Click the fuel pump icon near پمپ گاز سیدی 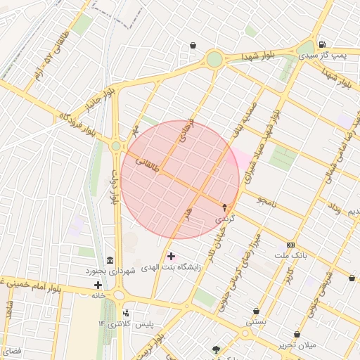coord(322,44)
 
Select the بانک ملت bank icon coord(290,245)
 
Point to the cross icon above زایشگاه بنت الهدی coord(172,255)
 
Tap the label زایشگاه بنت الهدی coord(172,267)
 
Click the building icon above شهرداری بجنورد coord(110,260)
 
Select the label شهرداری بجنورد coord(109,271)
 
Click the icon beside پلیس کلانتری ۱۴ coord(126,313)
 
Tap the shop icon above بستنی coord(256,311)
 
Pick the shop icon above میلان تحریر coord(297,335)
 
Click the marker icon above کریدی coord(225,207)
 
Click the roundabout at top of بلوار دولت coord(116,146)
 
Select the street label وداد coord(334,207)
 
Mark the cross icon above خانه coord(98,285)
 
